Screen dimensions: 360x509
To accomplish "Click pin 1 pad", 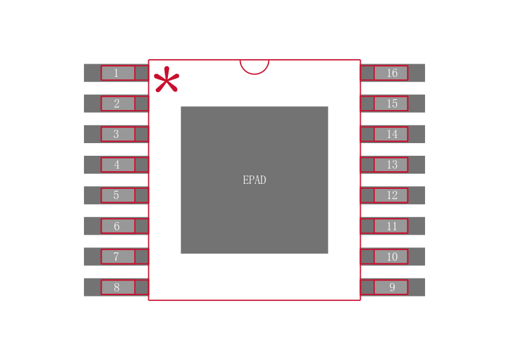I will (117, 73).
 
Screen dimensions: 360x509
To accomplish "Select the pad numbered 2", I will (117, 104).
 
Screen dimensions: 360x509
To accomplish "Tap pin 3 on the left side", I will (117, 134).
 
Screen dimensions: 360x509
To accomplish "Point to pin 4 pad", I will (117, 165).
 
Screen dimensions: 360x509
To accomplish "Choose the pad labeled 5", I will (117, 195).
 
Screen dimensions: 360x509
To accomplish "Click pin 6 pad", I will (117, 226).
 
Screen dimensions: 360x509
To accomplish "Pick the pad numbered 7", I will (117, 256).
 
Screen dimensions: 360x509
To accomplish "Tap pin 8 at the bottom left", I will (117, 287).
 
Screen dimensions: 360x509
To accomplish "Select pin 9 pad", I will (391, 287).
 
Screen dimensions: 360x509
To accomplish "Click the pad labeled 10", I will (391, 256).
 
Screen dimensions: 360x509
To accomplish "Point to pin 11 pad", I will (391, 226).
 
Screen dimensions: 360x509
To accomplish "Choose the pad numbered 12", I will (391, 195).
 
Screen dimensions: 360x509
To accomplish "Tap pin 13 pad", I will (391, 165).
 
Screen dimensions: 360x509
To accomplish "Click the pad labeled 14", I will (391, 134).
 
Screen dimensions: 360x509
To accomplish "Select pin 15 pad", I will (391, 104).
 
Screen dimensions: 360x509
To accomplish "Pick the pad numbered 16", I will (391, 73).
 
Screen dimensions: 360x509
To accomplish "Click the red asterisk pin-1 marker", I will (166, 80).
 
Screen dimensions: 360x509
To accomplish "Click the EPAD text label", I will (254, 180).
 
